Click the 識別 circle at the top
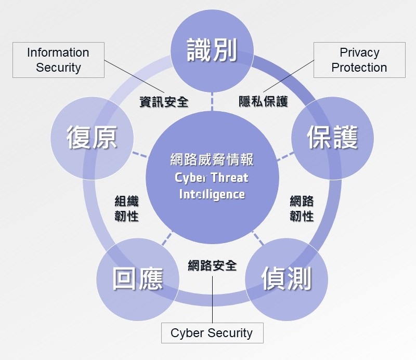click(212, 50)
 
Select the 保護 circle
click(332, 137)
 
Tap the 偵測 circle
click(286, 279)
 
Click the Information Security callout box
click(58, 60)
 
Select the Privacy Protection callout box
click(359, 60)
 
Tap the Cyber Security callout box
click(211, 333)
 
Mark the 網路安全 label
click(212, 265)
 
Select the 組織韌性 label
click(126, 208)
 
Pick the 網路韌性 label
click(302, 208)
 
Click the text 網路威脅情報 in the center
click(212, 159)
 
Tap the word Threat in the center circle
click(229, 178)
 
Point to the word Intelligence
click(212, 194)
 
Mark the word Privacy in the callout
click(359, 52)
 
